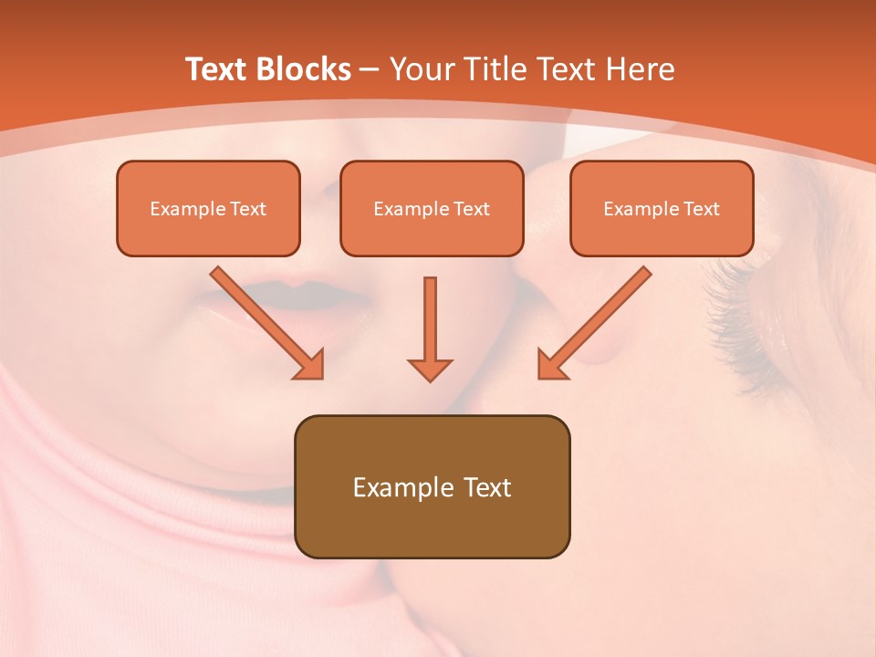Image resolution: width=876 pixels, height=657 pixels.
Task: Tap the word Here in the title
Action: (641, 69)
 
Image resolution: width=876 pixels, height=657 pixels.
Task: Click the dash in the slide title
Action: (370, 70)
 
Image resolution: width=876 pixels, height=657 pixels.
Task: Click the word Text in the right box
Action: (702, 209)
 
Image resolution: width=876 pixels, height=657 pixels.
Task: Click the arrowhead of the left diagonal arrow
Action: (310, 364)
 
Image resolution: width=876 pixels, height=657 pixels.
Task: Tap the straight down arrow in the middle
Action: (430, 328)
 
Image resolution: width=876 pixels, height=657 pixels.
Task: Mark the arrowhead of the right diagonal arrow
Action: (551, 364)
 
